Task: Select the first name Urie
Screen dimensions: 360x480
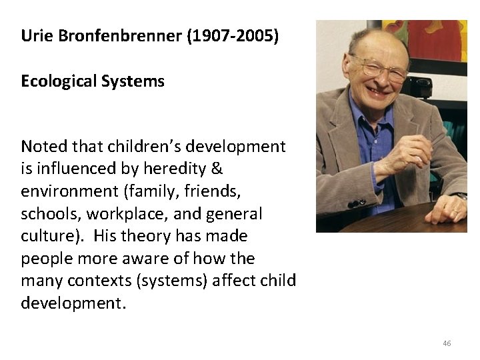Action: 35,35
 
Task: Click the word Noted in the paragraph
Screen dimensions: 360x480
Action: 41,146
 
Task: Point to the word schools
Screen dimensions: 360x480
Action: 47,214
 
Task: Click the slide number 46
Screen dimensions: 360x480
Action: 447,343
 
